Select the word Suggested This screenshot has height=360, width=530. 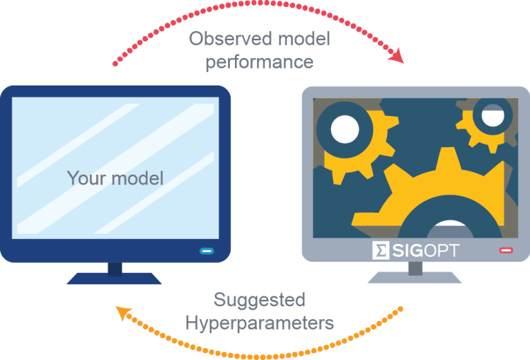(x=259, y=301)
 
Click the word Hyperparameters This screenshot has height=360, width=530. (x=259, y=323)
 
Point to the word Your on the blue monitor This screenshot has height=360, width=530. (x=86, y=178)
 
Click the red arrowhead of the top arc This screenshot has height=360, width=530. (x=397, y=56)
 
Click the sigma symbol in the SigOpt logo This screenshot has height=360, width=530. (x=381, y=250)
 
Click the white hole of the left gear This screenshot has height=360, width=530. (x=345, y=129)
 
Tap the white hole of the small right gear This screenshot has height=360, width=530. (x=492, y=115)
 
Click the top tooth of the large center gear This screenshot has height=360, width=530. (x=448, y=158)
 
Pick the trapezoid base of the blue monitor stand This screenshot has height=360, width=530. (x=114, y=279)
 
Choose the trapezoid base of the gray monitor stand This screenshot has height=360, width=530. (x=415, y=277)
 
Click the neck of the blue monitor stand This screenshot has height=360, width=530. (x=115, y=269)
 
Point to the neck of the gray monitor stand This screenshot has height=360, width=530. (x=415, y=268)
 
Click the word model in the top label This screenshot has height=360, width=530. (x=304, y=38)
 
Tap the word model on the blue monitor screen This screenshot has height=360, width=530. (x=137, y=178)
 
